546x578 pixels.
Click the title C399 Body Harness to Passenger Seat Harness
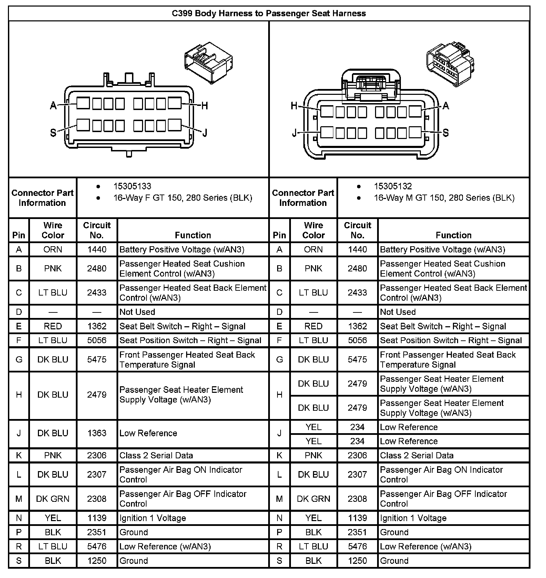tap(269, 13)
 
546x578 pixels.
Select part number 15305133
tap(132, 186)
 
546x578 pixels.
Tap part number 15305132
tap(393, 186)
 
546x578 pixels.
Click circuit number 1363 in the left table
tap(97, 433)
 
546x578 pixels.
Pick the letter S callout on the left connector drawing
tap(53, 132)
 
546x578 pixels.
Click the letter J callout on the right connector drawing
tap(294, 133)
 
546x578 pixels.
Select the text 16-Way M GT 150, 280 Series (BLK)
tap(444, 198)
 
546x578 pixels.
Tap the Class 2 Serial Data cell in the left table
tap(156, 455)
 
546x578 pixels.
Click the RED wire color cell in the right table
tap(313, 326)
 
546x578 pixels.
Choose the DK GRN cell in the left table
tap(53, 499)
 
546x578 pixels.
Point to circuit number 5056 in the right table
tap(357, 340)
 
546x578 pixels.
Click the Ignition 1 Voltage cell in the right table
tap(413, 518)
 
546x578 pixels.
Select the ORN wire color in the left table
tap(53, 249)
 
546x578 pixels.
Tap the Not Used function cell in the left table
tap(137, 312)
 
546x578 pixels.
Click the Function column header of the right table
tap(454, 235)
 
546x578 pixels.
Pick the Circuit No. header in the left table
tap(97, 230)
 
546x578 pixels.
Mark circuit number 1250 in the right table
tap(357, 561)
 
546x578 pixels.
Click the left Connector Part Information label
tap(42, 198)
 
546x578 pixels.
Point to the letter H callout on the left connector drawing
tap(204, 106)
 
